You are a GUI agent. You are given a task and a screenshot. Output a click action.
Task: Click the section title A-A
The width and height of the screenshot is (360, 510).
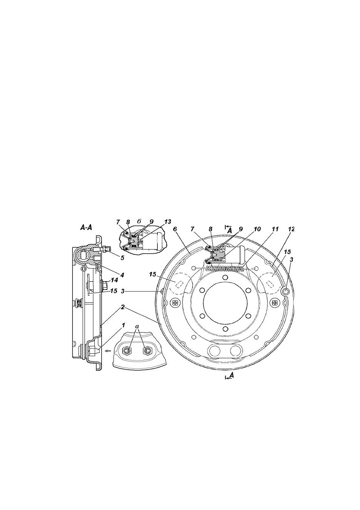tap(86, 227)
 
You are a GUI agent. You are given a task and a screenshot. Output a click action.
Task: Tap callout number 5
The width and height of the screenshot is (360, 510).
tap(122, 258)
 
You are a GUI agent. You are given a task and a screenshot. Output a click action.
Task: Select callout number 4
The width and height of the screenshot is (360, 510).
tap(122, 275)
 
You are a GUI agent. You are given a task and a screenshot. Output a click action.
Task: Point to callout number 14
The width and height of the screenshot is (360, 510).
tap(114, 280)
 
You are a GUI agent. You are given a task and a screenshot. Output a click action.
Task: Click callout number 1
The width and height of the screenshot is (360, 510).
tap(123, 325)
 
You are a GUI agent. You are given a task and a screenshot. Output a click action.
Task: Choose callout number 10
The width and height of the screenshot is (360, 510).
tap(257, 229)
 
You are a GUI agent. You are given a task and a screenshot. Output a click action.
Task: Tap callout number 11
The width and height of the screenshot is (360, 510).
tap(275, 229)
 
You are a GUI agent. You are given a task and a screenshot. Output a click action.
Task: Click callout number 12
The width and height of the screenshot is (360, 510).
tap(291, 229)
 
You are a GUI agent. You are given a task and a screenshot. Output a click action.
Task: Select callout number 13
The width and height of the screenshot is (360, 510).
tap(168, 222)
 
